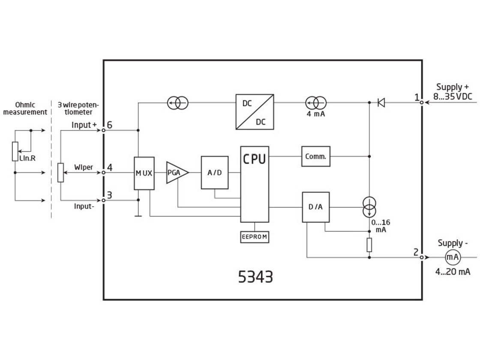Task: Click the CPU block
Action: [255, 184]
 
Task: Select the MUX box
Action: [144, 173]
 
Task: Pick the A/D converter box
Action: [214, 173]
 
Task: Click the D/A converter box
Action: [315, 207]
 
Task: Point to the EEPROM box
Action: [255, 237]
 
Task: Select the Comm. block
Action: [315, 156]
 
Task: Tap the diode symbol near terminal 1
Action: [381, 102]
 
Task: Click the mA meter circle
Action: [453, 257]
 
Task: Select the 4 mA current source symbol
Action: [316, 103]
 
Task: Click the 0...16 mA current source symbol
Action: [369, 207]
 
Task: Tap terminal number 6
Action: [110, 125]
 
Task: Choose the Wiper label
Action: [83, 167]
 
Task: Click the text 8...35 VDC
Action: [452, 96]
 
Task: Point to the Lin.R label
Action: [24, 158]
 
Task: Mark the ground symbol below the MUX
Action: [138, 215]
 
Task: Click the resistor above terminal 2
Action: [369, 245]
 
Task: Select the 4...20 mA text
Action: [452, 272]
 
